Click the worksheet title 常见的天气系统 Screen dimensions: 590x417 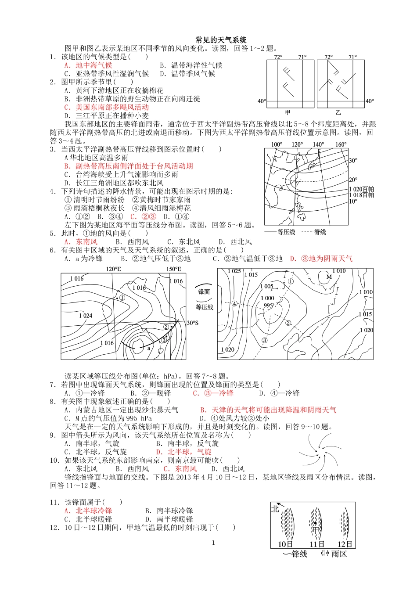click(x=221, y=40)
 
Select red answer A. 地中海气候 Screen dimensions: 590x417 click(x=88, y=65)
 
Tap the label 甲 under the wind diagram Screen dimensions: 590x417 click(x=288, y=113)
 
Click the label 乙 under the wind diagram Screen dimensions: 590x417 click(x=338, y=113)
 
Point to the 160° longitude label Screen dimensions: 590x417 click(x=341, y=144)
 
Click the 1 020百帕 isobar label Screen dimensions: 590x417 click(x=361, y=189)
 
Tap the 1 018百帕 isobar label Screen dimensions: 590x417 click(x=361, y=195)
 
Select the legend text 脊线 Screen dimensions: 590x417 click(x=320, y=232)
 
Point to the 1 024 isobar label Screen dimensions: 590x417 click(x=86, y=316)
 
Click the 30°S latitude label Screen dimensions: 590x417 click(x=192, y=323)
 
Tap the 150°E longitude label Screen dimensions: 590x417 click(x=174, y=269)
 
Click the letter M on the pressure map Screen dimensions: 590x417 click(x=329, y=277)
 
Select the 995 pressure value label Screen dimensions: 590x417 click(x=268, y=305)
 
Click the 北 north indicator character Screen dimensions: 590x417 click(x=275, y=509)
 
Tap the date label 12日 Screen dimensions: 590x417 click(x=345, y=544)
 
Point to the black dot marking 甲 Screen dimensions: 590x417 click(x=315, y=523)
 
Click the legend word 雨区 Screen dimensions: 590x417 click(x=339, y=554)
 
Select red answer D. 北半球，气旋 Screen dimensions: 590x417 click(x=184, y=452)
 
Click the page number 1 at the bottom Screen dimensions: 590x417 click(x=214, y=543)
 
